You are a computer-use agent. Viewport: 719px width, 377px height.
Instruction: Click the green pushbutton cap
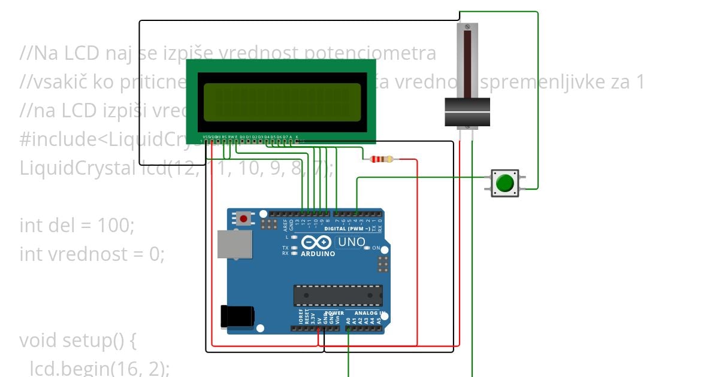pos(506,183)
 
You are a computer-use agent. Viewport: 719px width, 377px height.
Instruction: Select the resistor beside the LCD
pos(382,159)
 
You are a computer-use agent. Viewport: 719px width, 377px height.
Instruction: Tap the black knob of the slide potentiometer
pos(467,113)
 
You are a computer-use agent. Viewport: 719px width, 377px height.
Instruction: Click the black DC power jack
pos(237,316)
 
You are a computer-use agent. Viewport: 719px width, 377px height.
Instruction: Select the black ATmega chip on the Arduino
pos(337,295)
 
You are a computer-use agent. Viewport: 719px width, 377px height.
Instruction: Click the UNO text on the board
pos(351,242)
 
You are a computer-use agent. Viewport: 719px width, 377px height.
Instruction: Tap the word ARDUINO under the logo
pos(318,254)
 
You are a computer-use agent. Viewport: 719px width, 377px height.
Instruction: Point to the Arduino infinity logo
pos(316,242)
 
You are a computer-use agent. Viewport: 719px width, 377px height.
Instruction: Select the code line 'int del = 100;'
pos(77,226)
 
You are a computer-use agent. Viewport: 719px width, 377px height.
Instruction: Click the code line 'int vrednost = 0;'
pos(92,254)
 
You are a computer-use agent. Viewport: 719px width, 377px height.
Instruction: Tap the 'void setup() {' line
pos(78,340)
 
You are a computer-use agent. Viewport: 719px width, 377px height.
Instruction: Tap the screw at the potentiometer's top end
pos(467,28)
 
